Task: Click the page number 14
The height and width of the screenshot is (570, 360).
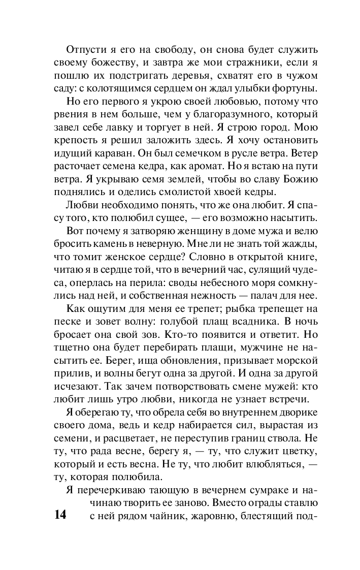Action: (x=59, y=515)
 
